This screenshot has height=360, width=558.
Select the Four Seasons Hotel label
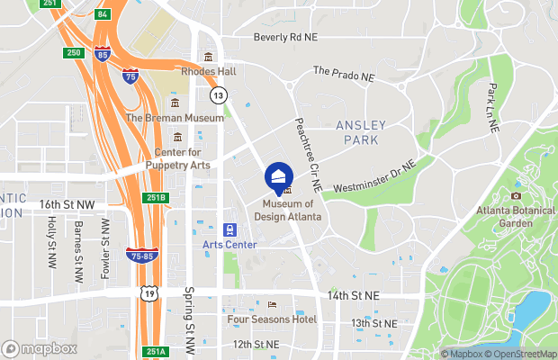[273, 319]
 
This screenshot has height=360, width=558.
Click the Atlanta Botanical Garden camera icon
[517, 195]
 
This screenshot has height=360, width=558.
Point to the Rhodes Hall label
[208, 71]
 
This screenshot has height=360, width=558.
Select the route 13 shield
[218, 94]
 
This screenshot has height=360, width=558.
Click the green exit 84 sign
[102, 14]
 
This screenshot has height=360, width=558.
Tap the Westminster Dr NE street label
[374, 177]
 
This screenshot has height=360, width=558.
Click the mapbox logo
[40, 348]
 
